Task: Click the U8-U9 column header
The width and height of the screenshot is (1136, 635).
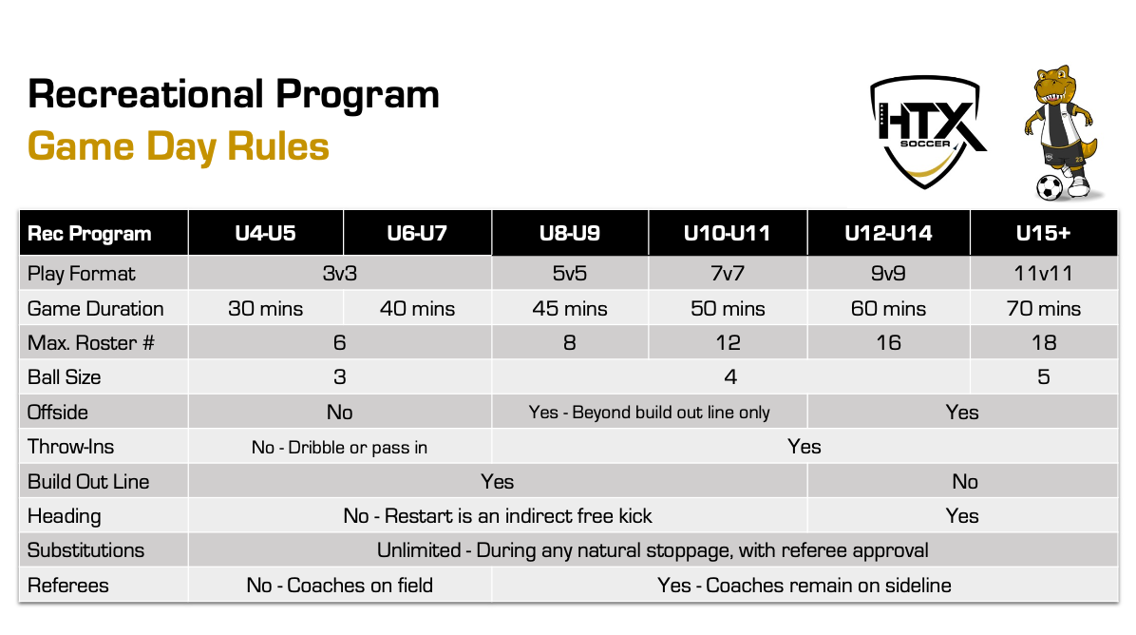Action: tap(570, 234)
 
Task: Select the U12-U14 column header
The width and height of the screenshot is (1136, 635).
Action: tap(888, 234)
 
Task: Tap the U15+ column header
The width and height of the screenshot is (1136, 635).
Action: tap(1043, 234)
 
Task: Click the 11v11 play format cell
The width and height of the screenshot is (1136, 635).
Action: tap(1043, 273)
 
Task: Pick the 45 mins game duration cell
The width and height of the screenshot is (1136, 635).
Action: tap(570, 309)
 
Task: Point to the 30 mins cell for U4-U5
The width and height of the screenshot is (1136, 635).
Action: tap(265, 309)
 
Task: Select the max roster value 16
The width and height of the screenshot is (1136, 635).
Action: tap(888, 343)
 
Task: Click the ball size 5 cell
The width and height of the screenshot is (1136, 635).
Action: tap(1043, 377)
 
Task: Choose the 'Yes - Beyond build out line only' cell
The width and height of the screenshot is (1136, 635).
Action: tap(649, 413)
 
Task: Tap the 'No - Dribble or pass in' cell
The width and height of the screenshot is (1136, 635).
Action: tap(339, 447)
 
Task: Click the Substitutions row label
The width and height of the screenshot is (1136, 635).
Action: tap(85, 550)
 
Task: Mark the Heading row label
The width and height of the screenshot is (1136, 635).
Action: tap(64, 516)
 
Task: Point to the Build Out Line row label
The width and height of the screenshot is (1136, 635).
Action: tap(87, 481)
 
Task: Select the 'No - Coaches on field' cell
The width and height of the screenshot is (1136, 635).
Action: tap(339, 585)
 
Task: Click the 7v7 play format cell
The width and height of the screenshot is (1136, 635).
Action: tap(728, 273)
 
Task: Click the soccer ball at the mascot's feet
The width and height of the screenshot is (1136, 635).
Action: tap(1049, 187)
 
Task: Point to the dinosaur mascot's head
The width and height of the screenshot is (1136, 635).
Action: tap(1055, 83)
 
